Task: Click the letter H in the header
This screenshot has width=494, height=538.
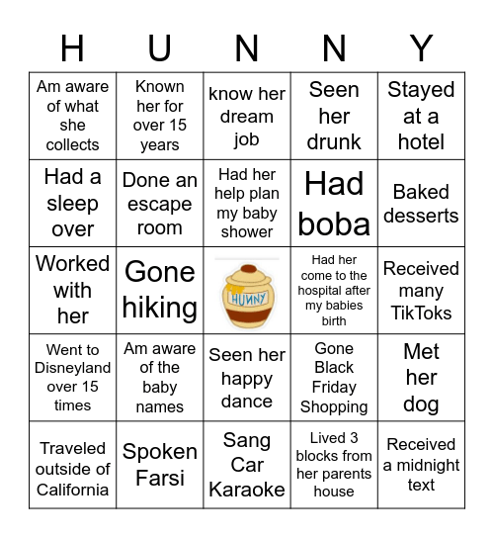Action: point(72,47)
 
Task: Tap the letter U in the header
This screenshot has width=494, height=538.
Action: point(160,47)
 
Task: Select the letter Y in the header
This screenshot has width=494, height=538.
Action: point(421,47)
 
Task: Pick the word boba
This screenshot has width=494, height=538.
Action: point(334,224)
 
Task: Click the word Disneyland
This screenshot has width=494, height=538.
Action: point(73,368)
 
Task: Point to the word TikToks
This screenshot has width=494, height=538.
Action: point(421,313)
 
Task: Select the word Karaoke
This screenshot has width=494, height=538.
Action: point(247,489)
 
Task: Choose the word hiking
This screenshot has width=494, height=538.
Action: point(160,308)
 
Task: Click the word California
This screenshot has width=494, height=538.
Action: point(73,490)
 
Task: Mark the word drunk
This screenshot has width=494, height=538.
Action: point(334,141)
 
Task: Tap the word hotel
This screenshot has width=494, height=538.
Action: point(421,141)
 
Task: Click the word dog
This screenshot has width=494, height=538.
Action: point(421,403)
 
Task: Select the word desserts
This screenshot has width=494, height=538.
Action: point(421,215)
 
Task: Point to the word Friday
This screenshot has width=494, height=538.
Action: point(334,387)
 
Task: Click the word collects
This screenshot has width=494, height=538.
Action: point(73,144)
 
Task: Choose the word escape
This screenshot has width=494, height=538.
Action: point(160,204)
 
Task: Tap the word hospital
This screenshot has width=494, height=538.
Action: point(334,291)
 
